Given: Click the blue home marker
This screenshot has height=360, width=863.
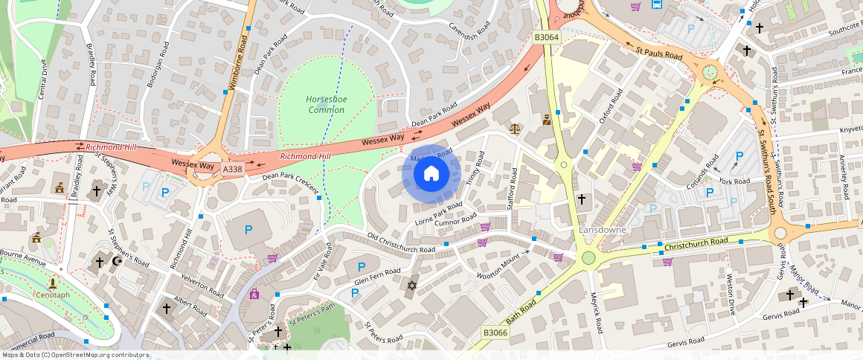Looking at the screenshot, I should [431, 175].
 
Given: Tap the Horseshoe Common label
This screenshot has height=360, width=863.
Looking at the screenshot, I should [326, 105].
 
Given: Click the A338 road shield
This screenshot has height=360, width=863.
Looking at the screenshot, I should [233, 170].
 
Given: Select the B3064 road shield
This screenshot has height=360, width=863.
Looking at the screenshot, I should [546, 36].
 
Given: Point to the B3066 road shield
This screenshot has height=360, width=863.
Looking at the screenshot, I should [495, 332].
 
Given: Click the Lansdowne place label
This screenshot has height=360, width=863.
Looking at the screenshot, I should [602, 231].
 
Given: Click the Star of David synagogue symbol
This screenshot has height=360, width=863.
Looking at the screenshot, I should [412, 285].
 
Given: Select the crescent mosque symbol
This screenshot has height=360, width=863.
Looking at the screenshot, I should [116, 261].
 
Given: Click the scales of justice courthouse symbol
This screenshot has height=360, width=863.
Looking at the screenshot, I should [515, 127].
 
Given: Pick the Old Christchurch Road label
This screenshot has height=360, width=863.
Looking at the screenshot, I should [401, 243].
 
